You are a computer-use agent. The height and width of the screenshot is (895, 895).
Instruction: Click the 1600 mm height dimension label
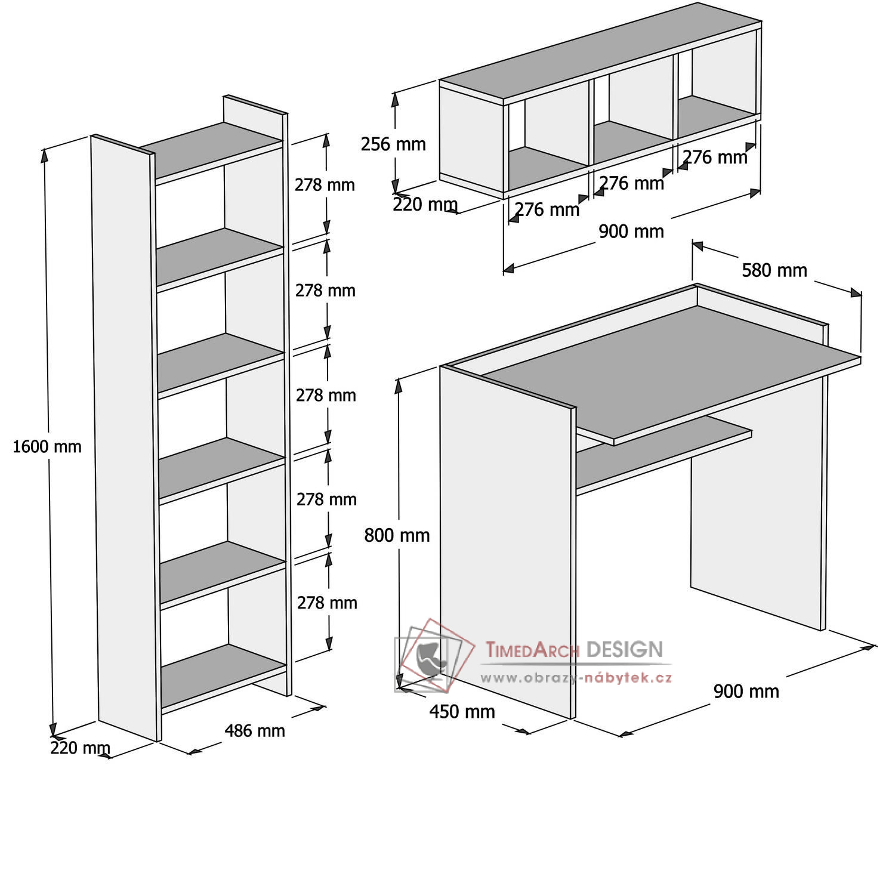47,446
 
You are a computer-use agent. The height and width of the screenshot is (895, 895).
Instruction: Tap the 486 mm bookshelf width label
255,730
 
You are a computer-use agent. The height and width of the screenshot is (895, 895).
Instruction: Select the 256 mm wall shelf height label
393,144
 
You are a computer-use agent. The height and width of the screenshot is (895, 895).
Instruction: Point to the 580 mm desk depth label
774,270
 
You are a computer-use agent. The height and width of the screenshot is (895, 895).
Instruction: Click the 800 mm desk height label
397,535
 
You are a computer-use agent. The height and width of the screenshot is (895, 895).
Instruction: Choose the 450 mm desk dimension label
462,711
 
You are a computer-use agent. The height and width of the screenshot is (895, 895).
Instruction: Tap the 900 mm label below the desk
746,692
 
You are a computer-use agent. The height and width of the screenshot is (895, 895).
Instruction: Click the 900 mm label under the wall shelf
631,231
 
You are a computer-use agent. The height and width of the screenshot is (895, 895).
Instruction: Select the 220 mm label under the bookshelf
80,748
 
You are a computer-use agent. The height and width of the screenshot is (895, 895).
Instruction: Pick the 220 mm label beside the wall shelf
425,205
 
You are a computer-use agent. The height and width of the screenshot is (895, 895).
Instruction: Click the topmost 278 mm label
325,185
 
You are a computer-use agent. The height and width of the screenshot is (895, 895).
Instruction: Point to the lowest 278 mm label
327,603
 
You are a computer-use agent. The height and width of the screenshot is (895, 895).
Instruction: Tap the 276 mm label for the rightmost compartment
715,157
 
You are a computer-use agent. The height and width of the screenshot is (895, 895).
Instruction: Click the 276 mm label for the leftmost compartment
547,209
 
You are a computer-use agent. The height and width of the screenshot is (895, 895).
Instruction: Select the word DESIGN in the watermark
625,649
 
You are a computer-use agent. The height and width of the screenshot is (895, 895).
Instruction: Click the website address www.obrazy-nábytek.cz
576,677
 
